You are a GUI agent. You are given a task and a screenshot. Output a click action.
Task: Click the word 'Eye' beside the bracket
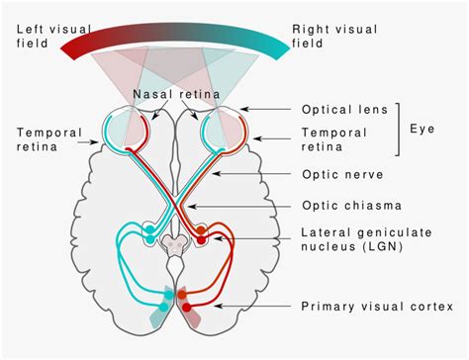pyautogui.click(x=423, y=130)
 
